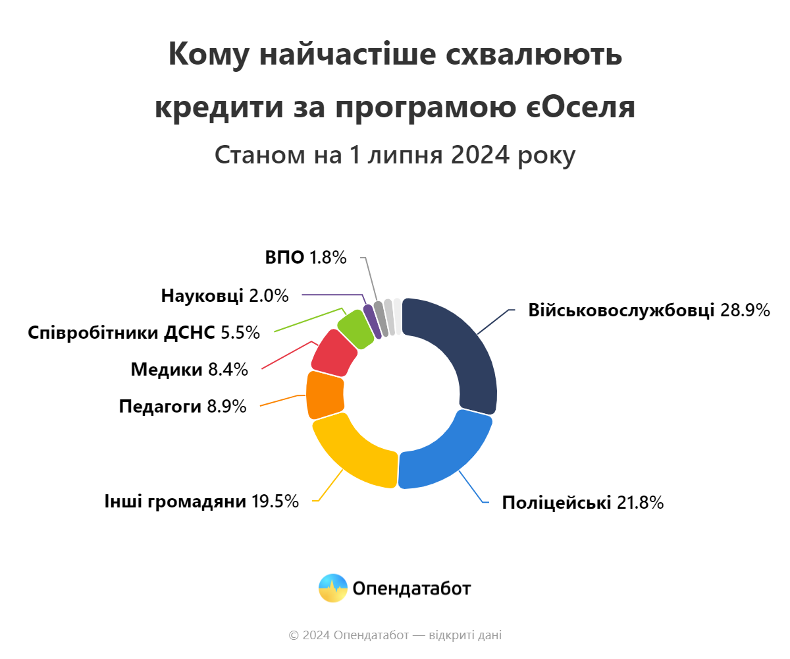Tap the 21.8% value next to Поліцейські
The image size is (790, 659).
click(x=640, y=503)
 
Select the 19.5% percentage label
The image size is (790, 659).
click(x=275, y=501)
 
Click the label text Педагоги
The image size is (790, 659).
click(x=160, y=407)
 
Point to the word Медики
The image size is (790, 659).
click(x=167, y=370)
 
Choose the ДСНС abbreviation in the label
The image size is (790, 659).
click(x=190, y=333)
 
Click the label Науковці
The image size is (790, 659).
click(x=201, y=296)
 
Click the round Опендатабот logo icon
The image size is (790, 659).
click(x=332, y=588)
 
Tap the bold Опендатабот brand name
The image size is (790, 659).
click(x=411, y=588)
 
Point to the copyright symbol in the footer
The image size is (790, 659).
click(x=294, y=635)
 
